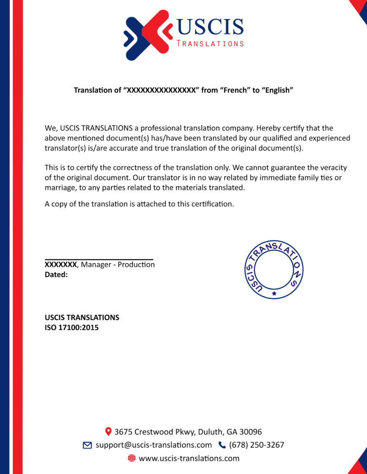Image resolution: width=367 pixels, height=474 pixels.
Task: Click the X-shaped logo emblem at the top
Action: point(148,35)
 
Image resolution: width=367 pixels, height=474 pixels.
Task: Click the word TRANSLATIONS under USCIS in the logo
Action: point(210,44)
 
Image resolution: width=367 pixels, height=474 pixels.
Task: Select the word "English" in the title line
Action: point(278,90)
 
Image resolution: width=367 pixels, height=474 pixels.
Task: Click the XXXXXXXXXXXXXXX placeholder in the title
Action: point(161,90)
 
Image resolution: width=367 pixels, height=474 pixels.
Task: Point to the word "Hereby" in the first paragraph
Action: point(269,128)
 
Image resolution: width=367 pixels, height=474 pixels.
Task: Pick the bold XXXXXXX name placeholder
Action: point(61,265)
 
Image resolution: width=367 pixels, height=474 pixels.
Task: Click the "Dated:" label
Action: point(56,274)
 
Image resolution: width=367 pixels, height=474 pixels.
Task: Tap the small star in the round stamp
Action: point(274,293)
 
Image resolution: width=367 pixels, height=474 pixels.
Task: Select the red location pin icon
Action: point(109,431)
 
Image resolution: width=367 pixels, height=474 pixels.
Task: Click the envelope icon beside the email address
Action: point(87,445)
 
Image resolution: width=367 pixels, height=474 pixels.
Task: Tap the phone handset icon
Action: point(222,445)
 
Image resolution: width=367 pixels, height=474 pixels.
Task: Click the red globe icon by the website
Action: point(131,458)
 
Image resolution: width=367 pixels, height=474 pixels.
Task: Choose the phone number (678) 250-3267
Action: point(257,445)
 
